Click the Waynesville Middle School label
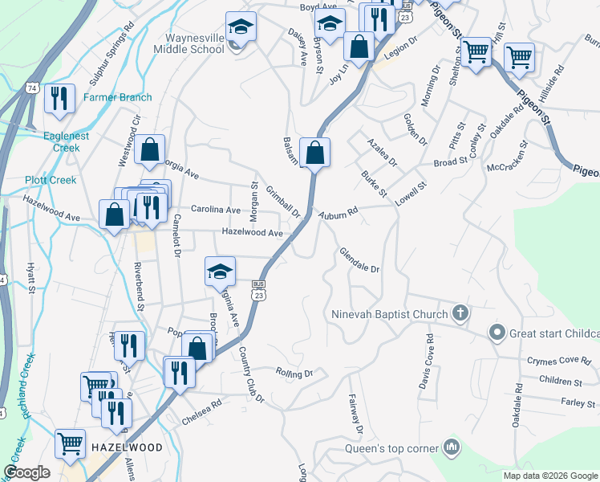tap(194, 43)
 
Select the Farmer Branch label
tap(118, 97)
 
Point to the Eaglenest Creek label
tap(67, 142)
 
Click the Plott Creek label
tap(50, 180)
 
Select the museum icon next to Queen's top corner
tap(452, 447)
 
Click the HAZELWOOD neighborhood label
tap(127, 447)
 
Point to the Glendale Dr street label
tap(358, 260)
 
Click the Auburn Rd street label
tap(337, 214)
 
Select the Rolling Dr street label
tap(294, 373)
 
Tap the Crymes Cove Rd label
tap(558, 361)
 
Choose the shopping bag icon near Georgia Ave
tap(150, 150)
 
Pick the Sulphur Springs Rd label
tap(110, 61)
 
